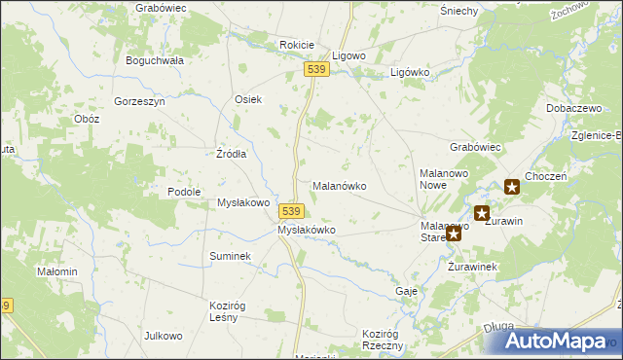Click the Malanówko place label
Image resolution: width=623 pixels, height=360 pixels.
click(x=338, y=185)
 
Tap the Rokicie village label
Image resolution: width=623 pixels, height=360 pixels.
click(x=296, y=45)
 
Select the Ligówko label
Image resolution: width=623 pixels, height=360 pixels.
click(x=410, y=72)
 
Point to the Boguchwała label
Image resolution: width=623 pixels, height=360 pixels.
click(x=155, y=59)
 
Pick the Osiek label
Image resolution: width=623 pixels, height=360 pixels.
click(x=248, y=99)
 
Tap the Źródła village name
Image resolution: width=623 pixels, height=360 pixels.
click(x=231, y=154)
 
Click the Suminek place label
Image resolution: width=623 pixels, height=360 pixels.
click(x=231, y=256)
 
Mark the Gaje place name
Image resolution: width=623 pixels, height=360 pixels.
click(x=407, y=291)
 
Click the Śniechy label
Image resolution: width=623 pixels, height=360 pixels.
click(x=458, y=11)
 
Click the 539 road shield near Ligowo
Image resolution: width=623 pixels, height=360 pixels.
click(x=314, y=70)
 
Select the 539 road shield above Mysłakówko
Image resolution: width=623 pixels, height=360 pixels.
click(x=294, y=210)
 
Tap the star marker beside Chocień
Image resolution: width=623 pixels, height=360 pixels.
click(x=512, y=187)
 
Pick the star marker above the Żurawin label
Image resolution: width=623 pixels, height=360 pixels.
click(x=481, y=212)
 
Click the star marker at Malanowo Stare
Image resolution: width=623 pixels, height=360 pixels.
click(x=454, y=234)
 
